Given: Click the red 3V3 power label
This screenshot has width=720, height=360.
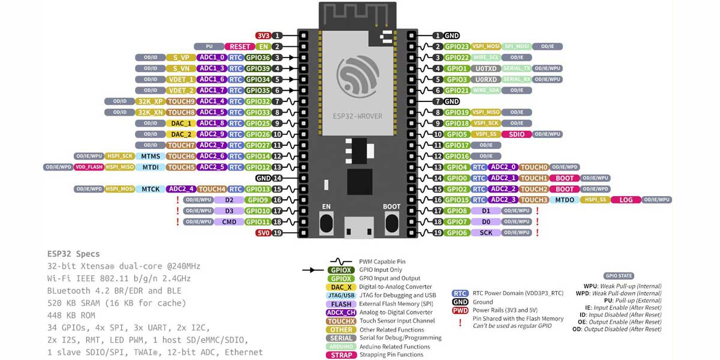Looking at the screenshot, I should [x=263, y=36].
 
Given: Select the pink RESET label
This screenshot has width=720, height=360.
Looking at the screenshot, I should [x=239, y=47].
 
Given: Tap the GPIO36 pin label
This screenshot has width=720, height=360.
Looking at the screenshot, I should [x=258, y=58].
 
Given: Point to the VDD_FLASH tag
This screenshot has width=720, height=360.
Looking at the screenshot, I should [x=89, y=167].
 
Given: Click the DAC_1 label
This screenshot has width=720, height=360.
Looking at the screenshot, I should [x=181, y=123].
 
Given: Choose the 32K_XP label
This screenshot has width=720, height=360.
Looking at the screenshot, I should [x=150, y=101].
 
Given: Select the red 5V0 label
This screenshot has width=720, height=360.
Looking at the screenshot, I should [x=263, y=233].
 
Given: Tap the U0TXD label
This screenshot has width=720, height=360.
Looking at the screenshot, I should [x=485, y=68].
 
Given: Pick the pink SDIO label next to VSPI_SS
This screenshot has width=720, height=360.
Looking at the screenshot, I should [x=516, y=134].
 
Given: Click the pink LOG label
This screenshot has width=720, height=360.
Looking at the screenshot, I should [x=626, y=200].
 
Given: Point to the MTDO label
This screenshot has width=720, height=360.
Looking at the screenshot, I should [x=565, y=200].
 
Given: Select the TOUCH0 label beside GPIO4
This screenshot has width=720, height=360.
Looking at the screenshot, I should [x=533, y=167].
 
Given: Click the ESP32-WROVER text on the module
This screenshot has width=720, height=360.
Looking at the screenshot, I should [x=358, y=116].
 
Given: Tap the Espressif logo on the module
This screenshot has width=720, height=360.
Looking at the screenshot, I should [x=358, y=76].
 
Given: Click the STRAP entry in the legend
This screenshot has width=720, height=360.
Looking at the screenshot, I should [x=341, y=355].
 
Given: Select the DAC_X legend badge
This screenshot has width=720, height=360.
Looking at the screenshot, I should [x=341, y=287].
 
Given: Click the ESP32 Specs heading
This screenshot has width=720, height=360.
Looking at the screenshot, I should [x=74, y=254].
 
